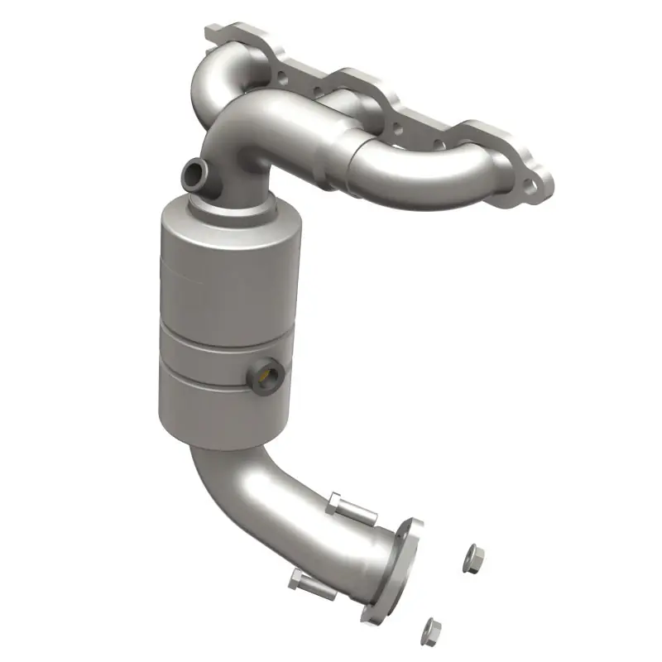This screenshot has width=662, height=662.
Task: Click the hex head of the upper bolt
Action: click(x=336, y=501)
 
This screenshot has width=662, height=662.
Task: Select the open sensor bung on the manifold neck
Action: click(x=192, y=173)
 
